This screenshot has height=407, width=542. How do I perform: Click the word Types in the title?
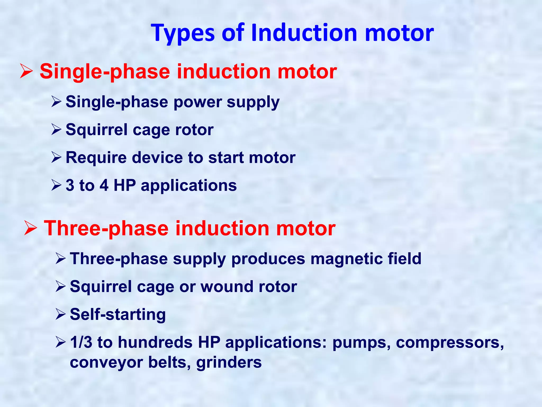point(183,33)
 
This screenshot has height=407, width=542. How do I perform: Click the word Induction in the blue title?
point(304,33)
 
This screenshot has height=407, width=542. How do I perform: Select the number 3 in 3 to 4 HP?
point(70,185)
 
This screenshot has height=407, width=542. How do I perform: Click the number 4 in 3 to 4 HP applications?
point(104,185)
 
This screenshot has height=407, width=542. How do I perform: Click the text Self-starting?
point(118,315)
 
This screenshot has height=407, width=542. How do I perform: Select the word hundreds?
point(155,342)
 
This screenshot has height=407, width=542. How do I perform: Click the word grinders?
point(229,362)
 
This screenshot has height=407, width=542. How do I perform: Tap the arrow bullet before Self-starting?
point(61,315)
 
